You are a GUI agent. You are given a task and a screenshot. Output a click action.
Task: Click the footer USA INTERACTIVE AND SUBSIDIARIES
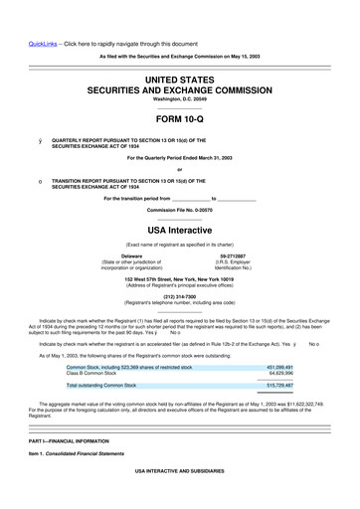[x=179, y=467]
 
